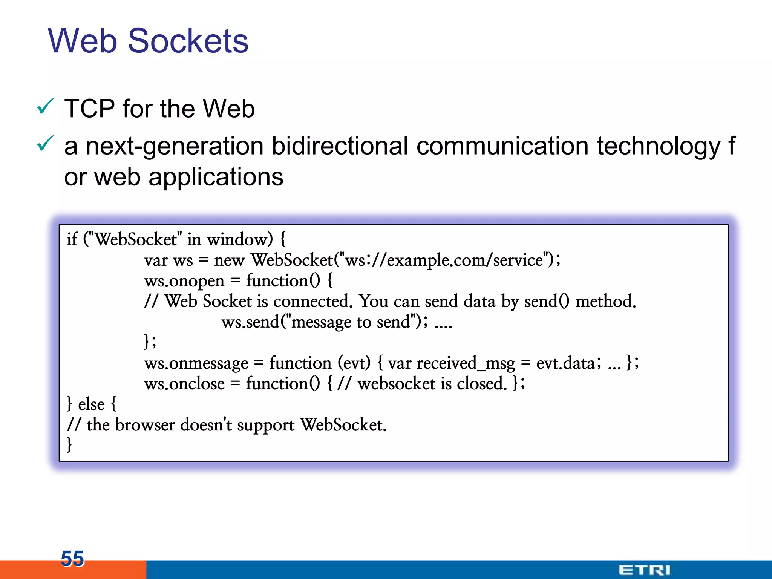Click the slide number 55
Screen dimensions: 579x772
[x=72, y=558]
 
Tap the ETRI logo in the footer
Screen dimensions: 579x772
[x=644, y=570]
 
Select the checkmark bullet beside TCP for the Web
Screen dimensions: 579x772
[x=46, y=107]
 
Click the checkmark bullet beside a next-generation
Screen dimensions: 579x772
[x=46, y=144]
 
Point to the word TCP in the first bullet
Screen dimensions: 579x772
[x=89, y=109]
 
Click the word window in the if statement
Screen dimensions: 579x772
[x=239, y=239]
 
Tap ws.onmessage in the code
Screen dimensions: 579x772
[x=196, y=363]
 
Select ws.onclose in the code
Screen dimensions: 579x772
[x=184, y=384]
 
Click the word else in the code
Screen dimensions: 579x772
[x=91, y=404]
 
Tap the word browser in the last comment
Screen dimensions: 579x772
[x=145, y=425]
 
